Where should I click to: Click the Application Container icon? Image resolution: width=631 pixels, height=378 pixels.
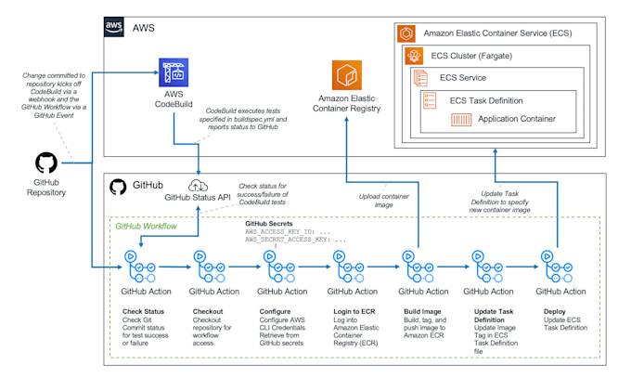pos(462,119)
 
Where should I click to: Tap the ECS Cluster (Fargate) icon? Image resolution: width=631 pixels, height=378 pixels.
pos(415,55)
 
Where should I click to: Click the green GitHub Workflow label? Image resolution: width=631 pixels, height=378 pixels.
pos(147,226)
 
